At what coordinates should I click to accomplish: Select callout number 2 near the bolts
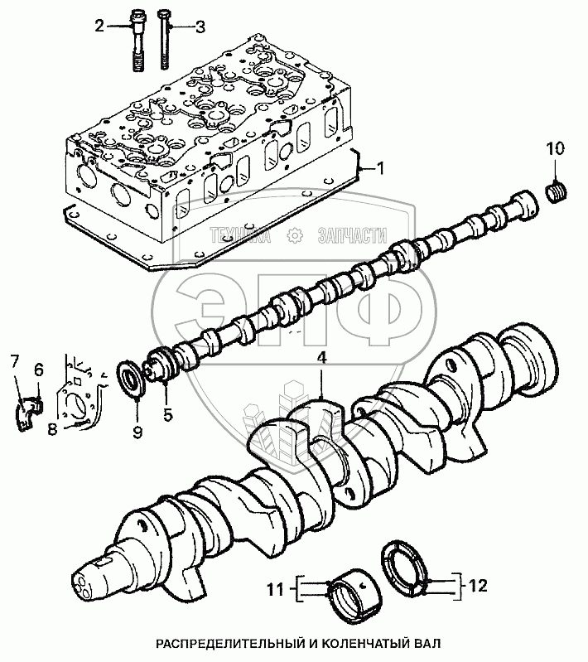point(100,27)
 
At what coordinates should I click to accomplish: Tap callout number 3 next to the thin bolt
point(199,27)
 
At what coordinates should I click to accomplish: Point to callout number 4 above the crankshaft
point(321,360)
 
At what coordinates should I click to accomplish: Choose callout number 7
point(14,360)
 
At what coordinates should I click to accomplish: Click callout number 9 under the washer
point(137,432)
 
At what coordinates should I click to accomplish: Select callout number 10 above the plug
point(554,149)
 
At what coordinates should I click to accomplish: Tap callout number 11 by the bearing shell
point(276,590)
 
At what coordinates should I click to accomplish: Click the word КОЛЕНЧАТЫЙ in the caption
point(347,643)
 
